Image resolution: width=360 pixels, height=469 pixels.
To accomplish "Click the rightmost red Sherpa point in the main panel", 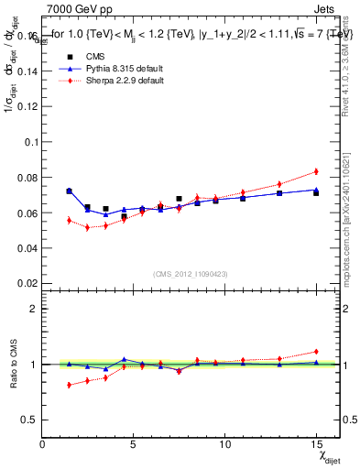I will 316,171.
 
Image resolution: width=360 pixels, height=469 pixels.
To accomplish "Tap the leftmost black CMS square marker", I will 69,191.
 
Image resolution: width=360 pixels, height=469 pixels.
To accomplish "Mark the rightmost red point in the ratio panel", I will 316,351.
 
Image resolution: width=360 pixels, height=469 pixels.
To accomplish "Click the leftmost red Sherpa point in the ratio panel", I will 69,385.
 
